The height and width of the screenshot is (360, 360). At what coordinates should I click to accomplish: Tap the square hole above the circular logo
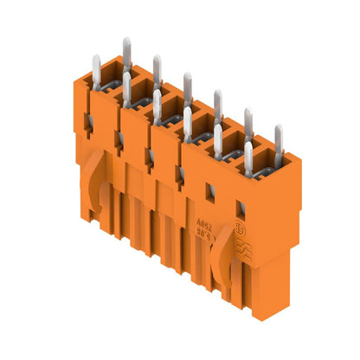pyautogui.click(x=241, y=208)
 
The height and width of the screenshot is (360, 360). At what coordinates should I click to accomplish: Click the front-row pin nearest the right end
pyautogui.click(x=248, y=157)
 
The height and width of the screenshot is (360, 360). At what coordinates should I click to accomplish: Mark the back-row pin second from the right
pyautogui.click(x=247, y=122)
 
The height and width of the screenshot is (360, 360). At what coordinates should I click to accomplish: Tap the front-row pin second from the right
pyautogui.click(x=217, y=138)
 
